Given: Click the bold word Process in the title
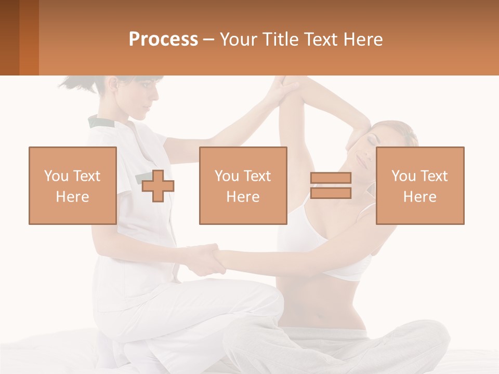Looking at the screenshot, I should [x=163, y=39].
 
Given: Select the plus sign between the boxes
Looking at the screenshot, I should [x=158, y=185].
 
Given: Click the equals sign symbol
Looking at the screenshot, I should [x=331, y=185].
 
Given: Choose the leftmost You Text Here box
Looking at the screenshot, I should [x=72, y=185].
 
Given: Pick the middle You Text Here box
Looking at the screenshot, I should [x=243, y=185].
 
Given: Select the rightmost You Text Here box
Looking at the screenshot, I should [x=419, y=185].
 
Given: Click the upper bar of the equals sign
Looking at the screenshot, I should [x=331, y=178].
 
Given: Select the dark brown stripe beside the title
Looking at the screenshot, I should [x=9, y=37].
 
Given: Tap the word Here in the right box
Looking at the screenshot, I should [x=419, y=196].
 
